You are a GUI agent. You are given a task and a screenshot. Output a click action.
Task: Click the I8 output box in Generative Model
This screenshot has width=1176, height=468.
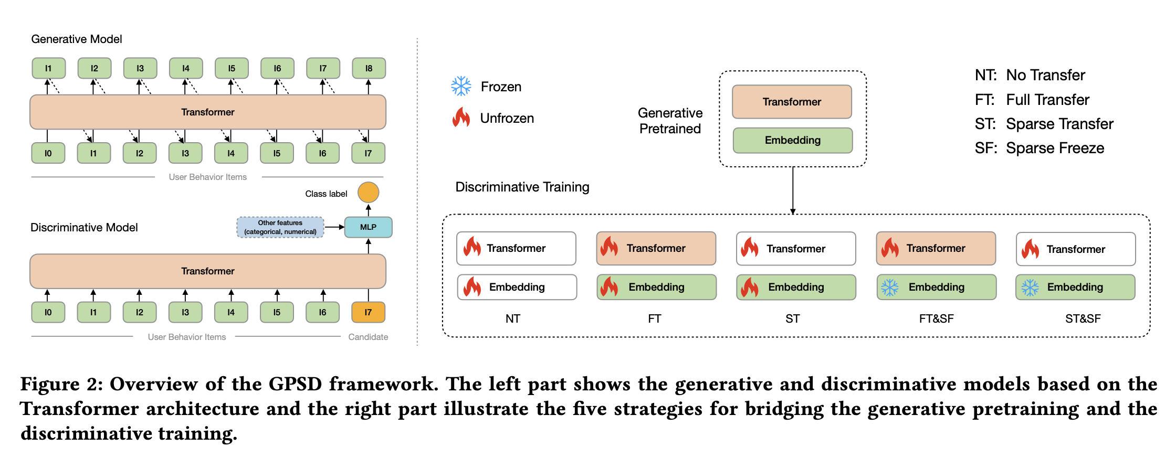point(369,68)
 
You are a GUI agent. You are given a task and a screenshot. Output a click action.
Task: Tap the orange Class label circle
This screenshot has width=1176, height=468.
point(368,193)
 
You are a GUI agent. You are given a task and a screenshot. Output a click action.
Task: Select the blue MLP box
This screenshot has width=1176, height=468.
point(368,227)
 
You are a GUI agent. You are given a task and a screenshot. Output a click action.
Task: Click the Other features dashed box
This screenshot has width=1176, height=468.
point(280,227)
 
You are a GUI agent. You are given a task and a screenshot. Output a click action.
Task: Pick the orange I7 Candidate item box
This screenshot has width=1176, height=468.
point(368,312)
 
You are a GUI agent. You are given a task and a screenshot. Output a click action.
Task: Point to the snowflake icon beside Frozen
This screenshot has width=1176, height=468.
point(461,86)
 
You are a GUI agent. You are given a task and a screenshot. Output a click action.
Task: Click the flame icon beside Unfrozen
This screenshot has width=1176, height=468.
point(461,118)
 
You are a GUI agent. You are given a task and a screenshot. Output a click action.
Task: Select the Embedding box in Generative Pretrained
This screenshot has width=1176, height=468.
point(792,140)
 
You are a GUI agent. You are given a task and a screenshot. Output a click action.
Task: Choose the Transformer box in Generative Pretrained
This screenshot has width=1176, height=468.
point(792,102)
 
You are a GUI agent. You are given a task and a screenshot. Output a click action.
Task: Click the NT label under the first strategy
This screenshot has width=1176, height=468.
point(513,318)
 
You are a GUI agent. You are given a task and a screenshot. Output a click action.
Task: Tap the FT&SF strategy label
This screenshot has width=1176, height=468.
point(936,318)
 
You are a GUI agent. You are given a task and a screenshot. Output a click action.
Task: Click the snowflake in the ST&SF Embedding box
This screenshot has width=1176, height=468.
point(1030,288)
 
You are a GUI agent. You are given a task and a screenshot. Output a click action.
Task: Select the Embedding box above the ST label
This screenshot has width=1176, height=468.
point(796,287)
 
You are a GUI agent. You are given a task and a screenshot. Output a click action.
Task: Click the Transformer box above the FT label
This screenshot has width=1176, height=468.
point(656,248)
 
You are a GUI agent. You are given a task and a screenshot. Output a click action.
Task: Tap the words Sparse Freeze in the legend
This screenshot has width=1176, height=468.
point(1055,148)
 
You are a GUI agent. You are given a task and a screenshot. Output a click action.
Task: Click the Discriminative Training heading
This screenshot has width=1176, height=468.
point(522,187)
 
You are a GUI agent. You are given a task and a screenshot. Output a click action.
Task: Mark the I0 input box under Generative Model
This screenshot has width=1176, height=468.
point(48,153)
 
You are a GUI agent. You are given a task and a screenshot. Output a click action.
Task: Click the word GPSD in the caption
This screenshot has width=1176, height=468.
point(295,384)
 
